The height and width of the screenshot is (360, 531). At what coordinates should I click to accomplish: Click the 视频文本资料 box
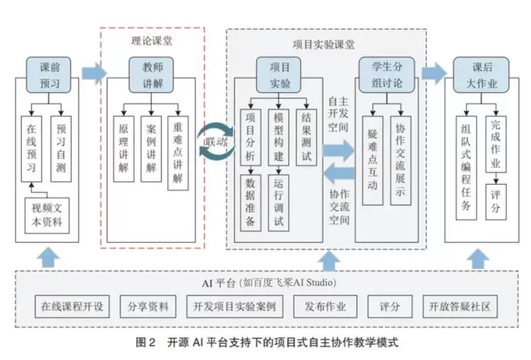pos(47,214)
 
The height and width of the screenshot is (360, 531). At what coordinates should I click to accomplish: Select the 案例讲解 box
pos(151,149)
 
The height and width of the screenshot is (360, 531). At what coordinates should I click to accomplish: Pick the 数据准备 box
pos(252,201)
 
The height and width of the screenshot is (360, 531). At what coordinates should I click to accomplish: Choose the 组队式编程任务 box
pos(465,170)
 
